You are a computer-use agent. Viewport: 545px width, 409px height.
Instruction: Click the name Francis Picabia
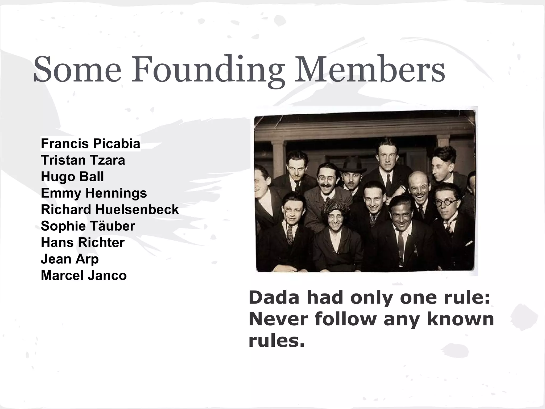tap(90, 144)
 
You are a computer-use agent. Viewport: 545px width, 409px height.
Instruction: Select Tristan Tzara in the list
tap(83, 160)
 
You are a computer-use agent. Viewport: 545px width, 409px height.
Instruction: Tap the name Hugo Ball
tap(72, 177)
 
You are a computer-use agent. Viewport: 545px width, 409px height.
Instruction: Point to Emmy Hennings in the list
tap(94, 193)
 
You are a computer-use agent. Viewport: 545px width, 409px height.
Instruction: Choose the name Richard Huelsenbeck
tap(110, 210)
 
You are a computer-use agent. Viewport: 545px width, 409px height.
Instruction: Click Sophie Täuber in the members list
tap(88, 226)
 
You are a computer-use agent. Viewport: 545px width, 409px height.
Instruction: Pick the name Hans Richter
tap(82, 243)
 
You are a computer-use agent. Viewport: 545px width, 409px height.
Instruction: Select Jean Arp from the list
tap(70, 259)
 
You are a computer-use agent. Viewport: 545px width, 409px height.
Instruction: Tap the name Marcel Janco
tap(84, 276)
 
